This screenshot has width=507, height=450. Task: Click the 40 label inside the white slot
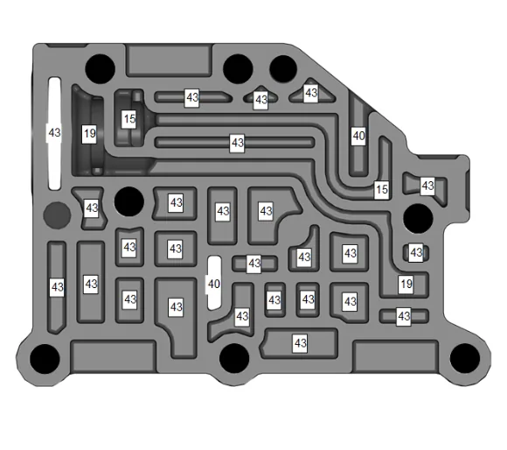point(214,284)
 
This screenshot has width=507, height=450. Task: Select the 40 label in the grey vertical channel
point(358,136)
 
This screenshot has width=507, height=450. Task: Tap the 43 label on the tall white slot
point(54,132)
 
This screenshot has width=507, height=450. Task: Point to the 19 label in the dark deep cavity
point(89,133)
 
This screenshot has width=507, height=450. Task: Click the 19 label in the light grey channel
point(406,285)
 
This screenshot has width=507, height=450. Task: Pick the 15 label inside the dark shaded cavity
point(129,119)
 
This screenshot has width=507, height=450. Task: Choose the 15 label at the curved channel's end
point(381,189)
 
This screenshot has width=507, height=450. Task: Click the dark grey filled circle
point(57,215)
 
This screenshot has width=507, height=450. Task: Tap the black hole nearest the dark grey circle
point(129,201)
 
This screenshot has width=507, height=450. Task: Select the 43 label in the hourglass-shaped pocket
point(91,207)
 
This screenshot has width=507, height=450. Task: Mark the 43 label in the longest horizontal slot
point(237,143)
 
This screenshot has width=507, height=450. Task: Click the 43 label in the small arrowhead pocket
point(260,100)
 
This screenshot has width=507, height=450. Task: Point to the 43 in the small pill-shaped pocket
point(416,252)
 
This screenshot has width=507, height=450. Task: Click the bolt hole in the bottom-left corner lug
point(45,359)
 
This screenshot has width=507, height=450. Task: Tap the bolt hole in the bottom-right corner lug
point(465,358)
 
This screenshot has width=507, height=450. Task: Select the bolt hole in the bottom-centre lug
point(234,358)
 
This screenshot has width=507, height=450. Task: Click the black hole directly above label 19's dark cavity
point(100,69)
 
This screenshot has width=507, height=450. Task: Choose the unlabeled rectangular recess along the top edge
point(169,61)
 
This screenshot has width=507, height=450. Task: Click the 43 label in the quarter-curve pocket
point(304,257)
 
